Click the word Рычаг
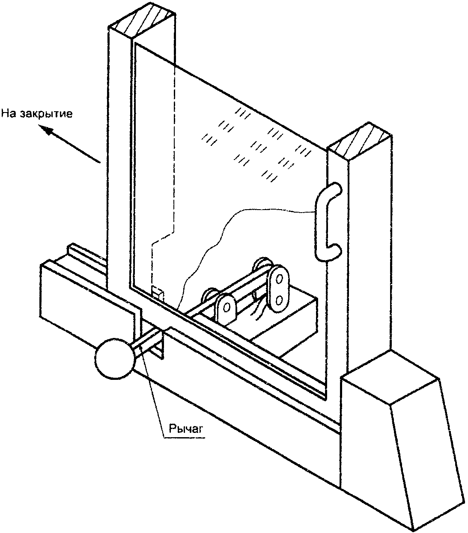[184, 428]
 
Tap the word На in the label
[10, 114]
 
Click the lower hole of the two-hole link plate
[279, 300]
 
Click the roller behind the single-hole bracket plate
[210, 294]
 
